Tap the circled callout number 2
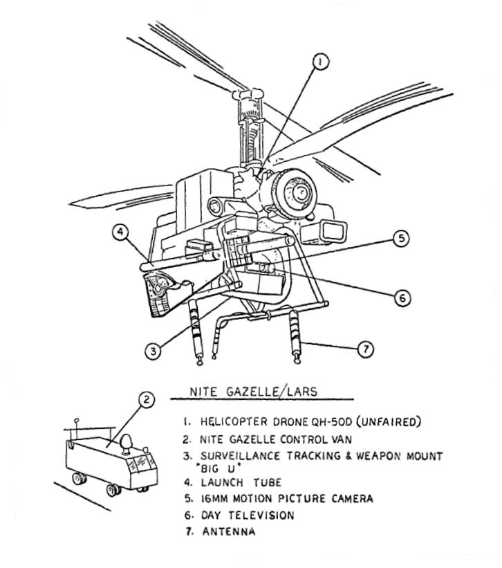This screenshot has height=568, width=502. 145,399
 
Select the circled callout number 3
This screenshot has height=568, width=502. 153,350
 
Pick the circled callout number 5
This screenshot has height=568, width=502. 400,239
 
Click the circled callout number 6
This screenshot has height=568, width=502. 401,298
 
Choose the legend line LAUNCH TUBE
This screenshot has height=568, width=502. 242,482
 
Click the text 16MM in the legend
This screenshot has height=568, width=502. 216,498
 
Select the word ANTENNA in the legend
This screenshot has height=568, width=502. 229,532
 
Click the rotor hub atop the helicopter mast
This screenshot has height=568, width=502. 243,93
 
